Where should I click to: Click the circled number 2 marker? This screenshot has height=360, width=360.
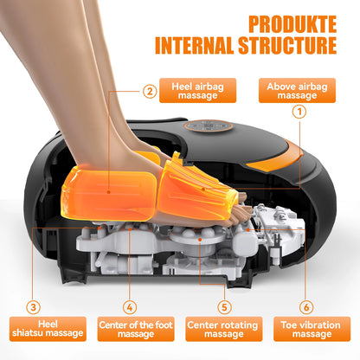(150, 90)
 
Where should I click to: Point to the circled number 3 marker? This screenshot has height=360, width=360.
(33, 306)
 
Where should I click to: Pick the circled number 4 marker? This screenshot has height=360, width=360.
(129, 306)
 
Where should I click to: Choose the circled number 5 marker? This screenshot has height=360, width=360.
(223, 306)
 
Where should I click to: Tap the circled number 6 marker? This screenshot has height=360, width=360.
(307, 306)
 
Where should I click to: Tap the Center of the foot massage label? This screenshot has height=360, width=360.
(130, 330)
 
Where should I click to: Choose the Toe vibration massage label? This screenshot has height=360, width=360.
(310, 330)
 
